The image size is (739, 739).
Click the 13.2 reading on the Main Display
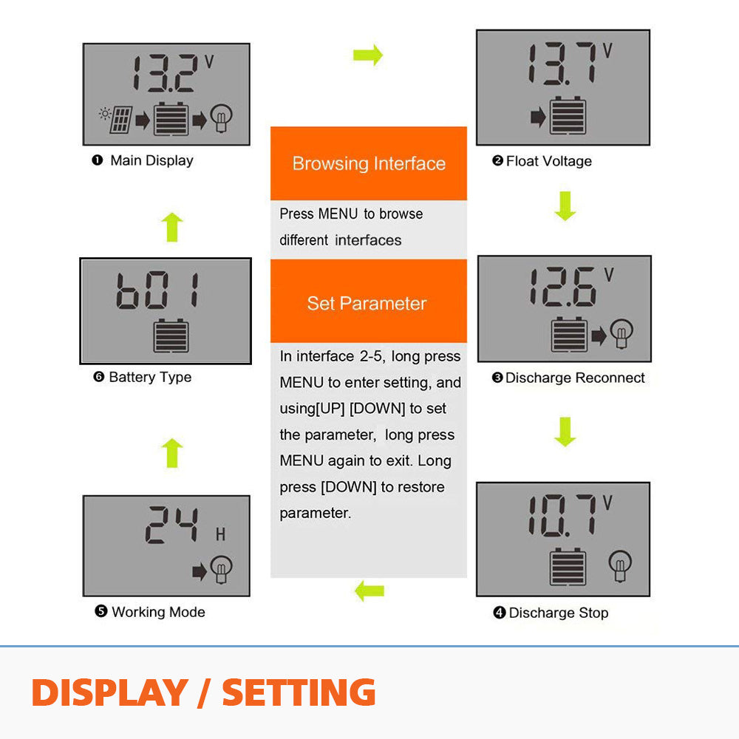click(163, 73)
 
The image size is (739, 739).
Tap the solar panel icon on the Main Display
click(120, 120)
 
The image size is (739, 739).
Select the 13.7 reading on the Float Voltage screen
click(562, 64)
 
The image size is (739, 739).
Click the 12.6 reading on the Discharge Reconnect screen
click(563, 287)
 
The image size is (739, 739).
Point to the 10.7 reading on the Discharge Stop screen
click(562, 516)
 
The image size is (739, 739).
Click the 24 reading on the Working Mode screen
click(171, 525)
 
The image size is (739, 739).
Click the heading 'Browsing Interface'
click(369, 163)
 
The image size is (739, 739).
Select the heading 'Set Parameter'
click(367, 303)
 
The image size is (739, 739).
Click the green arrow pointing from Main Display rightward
click(368, 55)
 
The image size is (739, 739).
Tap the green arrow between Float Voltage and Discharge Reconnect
click(565, 206)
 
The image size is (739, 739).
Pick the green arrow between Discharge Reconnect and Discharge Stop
click(565, 432)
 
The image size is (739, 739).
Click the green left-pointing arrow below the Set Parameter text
click(369, 590)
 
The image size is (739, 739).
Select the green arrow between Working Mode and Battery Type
click(172, 453)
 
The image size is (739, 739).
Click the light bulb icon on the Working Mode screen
click(221, 569)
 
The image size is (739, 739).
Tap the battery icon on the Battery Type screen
click(171, 336)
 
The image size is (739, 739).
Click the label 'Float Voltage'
click(548, 161)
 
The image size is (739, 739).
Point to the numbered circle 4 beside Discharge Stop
click(499, 612)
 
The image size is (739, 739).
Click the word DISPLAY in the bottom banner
click(110, 692)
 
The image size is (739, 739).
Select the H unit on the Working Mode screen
click(220, 534)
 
